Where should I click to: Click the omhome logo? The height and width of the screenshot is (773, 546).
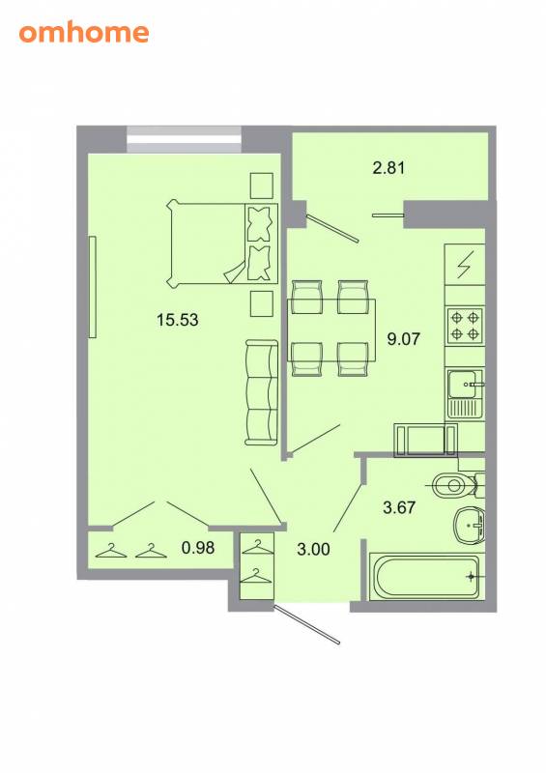[84, 33]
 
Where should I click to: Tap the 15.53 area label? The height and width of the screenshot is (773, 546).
[178, 320]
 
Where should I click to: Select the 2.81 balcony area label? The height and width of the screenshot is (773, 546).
[388, 167]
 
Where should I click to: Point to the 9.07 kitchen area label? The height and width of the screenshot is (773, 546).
[403, 339]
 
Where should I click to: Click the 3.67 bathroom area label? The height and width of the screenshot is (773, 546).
[399, 507]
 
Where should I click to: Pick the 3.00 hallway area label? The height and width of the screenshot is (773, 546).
[314, 549]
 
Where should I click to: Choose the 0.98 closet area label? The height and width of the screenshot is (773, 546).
[198, 547]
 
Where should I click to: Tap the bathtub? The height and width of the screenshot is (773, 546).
[424, 576]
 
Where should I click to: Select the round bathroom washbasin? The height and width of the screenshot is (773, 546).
[470, 526]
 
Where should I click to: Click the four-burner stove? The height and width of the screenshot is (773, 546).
[465, 326]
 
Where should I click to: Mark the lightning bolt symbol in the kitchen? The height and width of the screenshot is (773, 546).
[465, 264]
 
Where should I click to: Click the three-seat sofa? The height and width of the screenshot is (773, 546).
[262, 392]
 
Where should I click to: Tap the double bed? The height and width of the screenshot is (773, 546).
[222, 243]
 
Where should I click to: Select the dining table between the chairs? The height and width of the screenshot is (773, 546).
[331, 329]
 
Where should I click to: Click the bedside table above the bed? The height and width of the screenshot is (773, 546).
[262, 186]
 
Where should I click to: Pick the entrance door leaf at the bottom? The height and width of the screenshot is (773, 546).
[307, 623]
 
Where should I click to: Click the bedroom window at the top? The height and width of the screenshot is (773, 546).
[184, 139]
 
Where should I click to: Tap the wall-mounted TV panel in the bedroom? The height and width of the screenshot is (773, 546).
[92, 287]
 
